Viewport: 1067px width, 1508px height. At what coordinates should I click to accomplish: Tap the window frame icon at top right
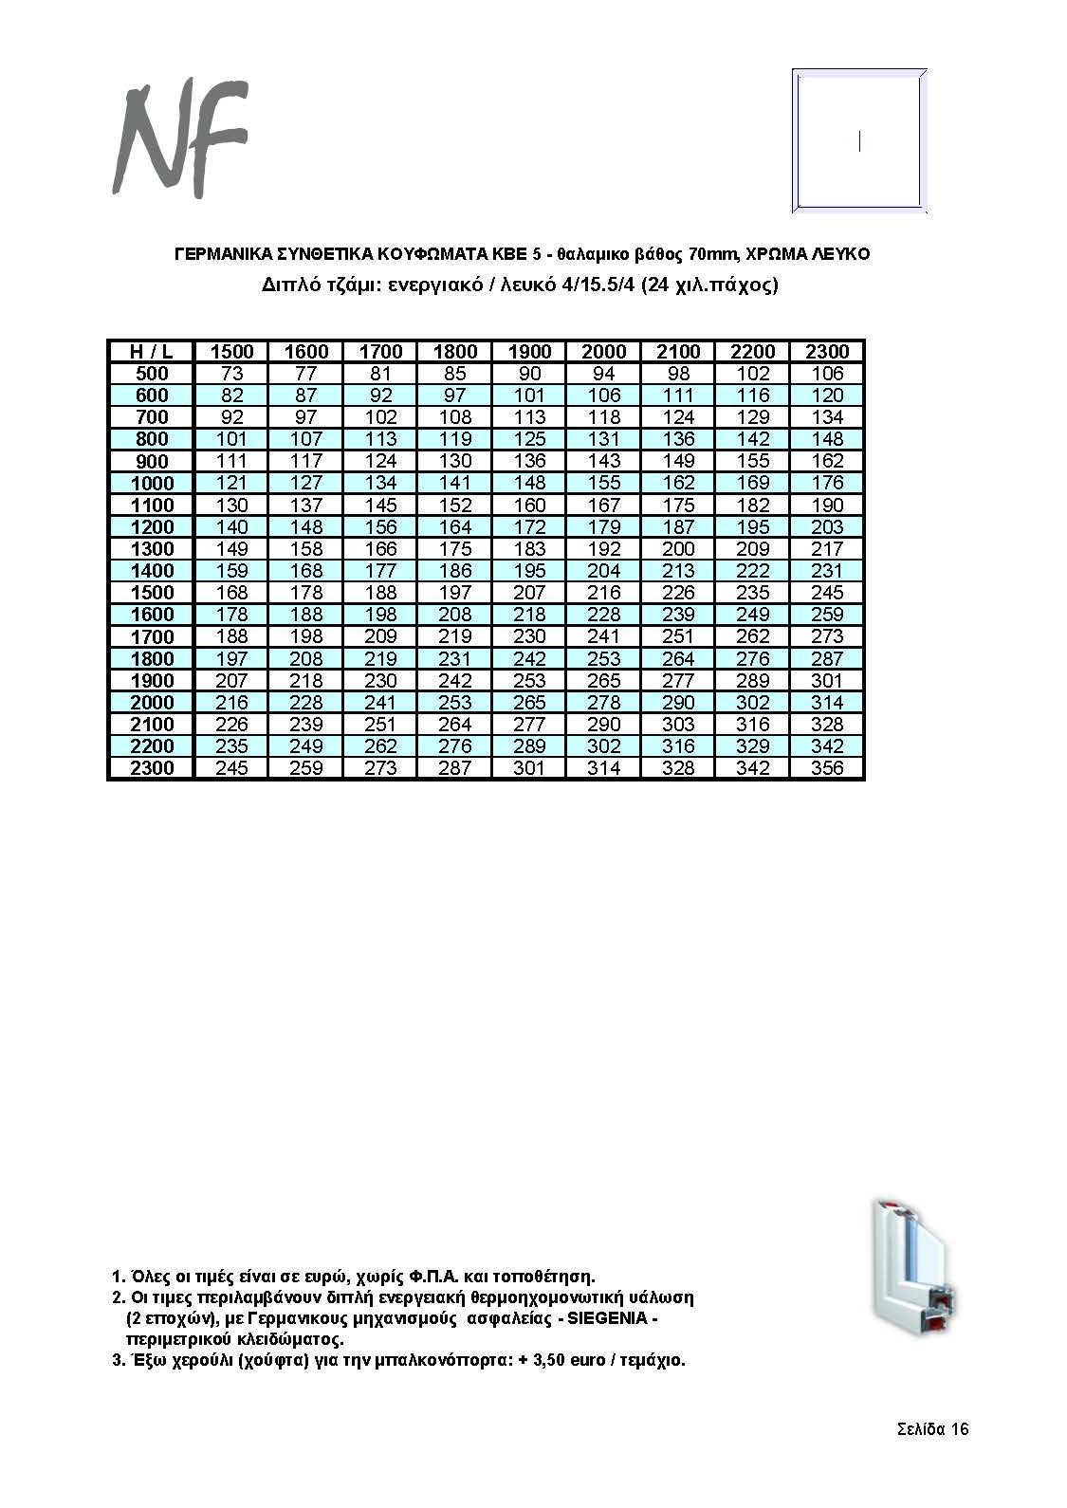859,141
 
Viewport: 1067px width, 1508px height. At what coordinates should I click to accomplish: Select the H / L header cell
150,352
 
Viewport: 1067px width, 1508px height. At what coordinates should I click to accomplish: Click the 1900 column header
529,352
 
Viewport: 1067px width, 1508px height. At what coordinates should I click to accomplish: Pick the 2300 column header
827,352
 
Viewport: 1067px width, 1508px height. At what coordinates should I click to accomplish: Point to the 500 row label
152,374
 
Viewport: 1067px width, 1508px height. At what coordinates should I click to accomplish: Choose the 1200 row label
152,527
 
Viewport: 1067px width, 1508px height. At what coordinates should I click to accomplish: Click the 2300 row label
152,768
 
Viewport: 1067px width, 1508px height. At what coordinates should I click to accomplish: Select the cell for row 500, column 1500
231,374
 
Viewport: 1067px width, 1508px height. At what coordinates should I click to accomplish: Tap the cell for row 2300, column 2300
827,768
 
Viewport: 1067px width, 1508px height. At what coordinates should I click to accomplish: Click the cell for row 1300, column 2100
678,549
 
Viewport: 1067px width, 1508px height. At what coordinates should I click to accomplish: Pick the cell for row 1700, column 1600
306,636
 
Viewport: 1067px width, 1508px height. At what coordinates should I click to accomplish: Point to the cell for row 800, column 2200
753,439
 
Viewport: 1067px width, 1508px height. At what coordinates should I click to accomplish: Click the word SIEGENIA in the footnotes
607,1318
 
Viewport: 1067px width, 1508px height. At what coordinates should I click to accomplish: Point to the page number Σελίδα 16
932,1429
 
